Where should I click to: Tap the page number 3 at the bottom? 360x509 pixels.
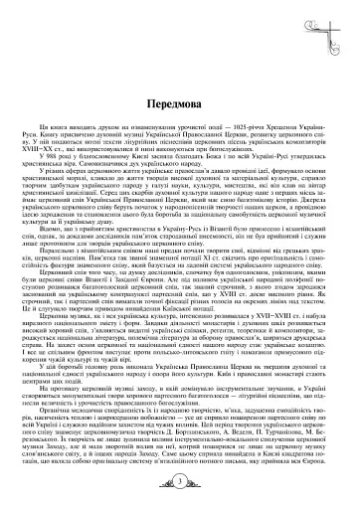179,483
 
